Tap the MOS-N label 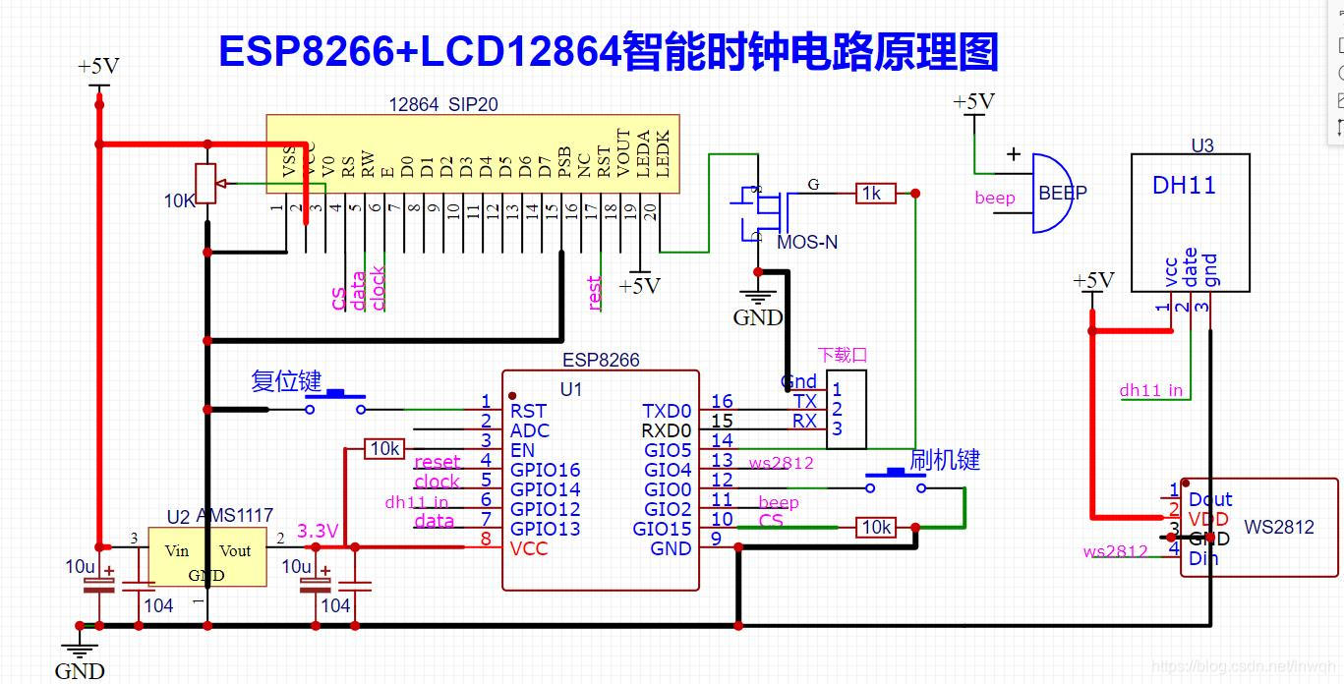point(807,242)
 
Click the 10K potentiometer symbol point(206,184)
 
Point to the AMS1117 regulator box point(206,556)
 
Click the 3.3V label point(318,531)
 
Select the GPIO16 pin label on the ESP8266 point(545,470)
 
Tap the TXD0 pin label point(668,411)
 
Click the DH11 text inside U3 point(1184,185)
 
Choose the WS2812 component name point(1279,527)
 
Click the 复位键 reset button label point(286,381)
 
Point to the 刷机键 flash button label point(944,459)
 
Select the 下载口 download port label point(843,356)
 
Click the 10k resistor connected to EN point(383,449)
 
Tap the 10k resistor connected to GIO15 point(875,528)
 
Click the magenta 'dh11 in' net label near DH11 point(1150,390)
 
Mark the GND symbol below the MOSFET point(757,305)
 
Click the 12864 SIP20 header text point(436,104)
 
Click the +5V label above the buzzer point(973,102)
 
